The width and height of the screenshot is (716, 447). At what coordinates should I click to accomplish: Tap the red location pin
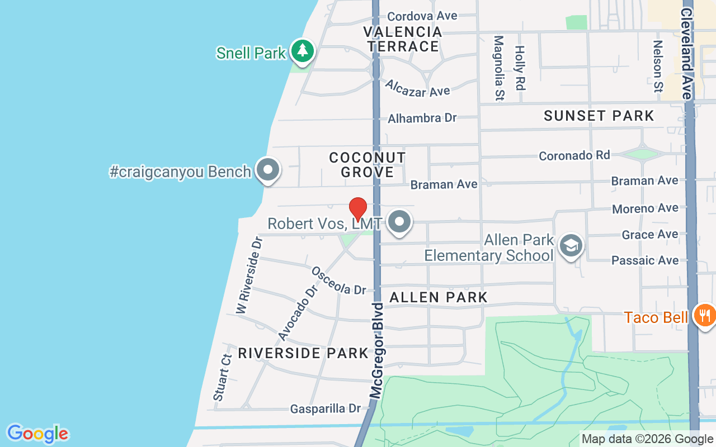point(358,210)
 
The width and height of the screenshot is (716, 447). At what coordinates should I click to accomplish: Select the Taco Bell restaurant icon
point(704,316)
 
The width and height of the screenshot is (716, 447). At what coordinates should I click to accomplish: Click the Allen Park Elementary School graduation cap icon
point(571,245)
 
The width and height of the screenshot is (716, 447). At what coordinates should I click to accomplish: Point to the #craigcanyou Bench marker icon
point(267,170)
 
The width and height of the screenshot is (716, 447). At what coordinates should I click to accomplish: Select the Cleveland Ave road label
point(687,54)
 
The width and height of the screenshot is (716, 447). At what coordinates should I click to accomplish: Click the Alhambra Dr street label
point(422,118)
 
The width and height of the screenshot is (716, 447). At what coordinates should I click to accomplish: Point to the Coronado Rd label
point(574,155)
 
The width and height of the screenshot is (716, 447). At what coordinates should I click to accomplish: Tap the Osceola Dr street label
point(338,280)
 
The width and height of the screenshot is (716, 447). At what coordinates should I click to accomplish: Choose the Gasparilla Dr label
point(326,409)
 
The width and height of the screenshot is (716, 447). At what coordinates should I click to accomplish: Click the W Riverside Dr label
point(249,275)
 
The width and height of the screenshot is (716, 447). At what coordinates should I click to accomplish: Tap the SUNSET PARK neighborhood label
point(599,116)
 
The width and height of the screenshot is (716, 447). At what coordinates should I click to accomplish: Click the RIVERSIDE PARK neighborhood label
point(303,353)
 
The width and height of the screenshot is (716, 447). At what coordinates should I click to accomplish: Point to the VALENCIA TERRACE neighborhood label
point(403,39)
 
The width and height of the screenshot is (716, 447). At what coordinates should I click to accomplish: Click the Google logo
point(37,434)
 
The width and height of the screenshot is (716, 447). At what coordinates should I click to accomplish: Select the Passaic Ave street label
point(645,260)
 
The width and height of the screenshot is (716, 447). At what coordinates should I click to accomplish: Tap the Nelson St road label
point(658,66)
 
